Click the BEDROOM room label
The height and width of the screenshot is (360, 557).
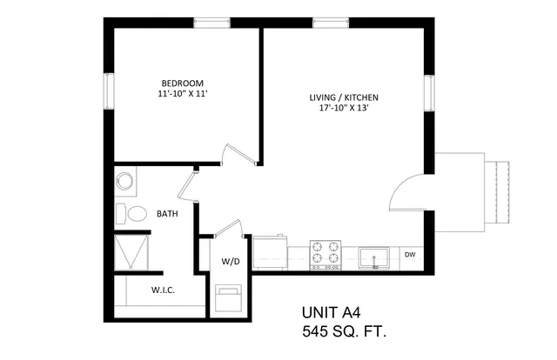[183, 83]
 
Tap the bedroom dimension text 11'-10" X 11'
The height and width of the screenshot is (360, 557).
[183, 94]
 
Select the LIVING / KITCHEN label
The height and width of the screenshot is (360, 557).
[344, 97]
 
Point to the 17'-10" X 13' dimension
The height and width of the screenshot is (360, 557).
[343, 108]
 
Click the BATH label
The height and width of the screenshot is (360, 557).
[167, 214]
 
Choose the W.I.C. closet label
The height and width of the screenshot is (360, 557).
[163, 290]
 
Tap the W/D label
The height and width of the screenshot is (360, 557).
[231, 262]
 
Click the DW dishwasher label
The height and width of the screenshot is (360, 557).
[410, 255]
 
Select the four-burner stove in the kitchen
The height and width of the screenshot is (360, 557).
[325, 255]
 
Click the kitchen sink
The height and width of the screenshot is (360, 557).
[373, 257]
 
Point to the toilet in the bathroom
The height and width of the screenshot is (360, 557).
[131, 214]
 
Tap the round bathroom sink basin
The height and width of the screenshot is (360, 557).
[124, 181]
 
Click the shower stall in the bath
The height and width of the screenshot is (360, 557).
[131, 251]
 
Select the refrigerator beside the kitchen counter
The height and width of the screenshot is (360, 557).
[270, 252]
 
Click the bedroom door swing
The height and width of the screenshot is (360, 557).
[238, 155]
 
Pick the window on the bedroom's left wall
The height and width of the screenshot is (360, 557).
[109, 91]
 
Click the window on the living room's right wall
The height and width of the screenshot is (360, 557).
[429, 93]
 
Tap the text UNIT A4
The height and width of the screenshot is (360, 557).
[331, 313]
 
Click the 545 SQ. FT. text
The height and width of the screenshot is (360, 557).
[344, 331]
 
